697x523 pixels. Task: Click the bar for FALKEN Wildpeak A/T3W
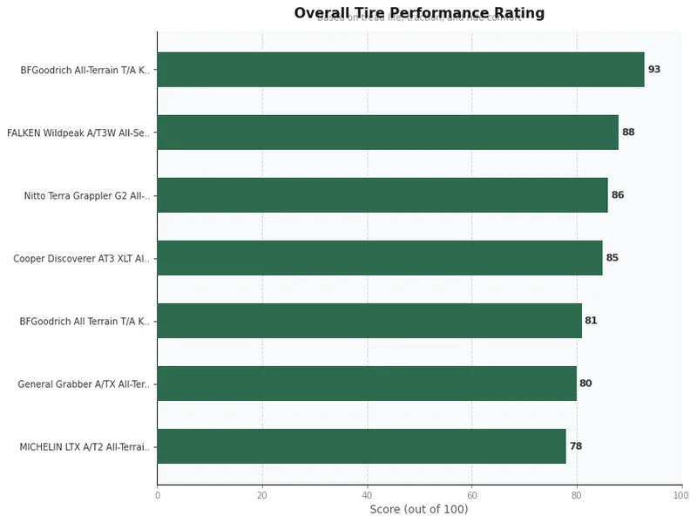(388, 132)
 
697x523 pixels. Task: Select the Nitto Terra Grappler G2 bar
(382, 195)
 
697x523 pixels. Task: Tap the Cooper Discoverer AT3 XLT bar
(380, 258)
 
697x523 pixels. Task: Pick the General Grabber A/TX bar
(367, 384)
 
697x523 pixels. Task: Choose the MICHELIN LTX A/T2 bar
(362, 446)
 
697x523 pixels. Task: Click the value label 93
(654, 70)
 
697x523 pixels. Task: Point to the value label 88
(628, 132)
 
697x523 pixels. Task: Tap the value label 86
(618, 195)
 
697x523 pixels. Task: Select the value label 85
(612, 258)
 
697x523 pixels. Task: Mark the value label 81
(592, 321)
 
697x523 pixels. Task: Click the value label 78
(576, 446)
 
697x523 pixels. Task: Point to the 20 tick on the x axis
(262, 496)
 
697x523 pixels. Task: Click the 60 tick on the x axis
(471, 496)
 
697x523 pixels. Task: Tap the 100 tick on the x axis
(681, 496)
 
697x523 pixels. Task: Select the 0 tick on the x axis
(158, 496)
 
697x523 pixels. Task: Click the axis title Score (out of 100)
(419, 510)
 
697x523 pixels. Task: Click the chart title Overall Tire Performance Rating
(419, 13)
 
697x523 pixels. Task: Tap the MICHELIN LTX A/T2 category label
(85, 447)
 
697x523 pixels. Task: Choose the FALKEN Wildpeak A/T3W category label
(78, 133)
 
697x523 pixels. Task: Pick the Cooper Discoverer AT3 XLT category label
(81, 259)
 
